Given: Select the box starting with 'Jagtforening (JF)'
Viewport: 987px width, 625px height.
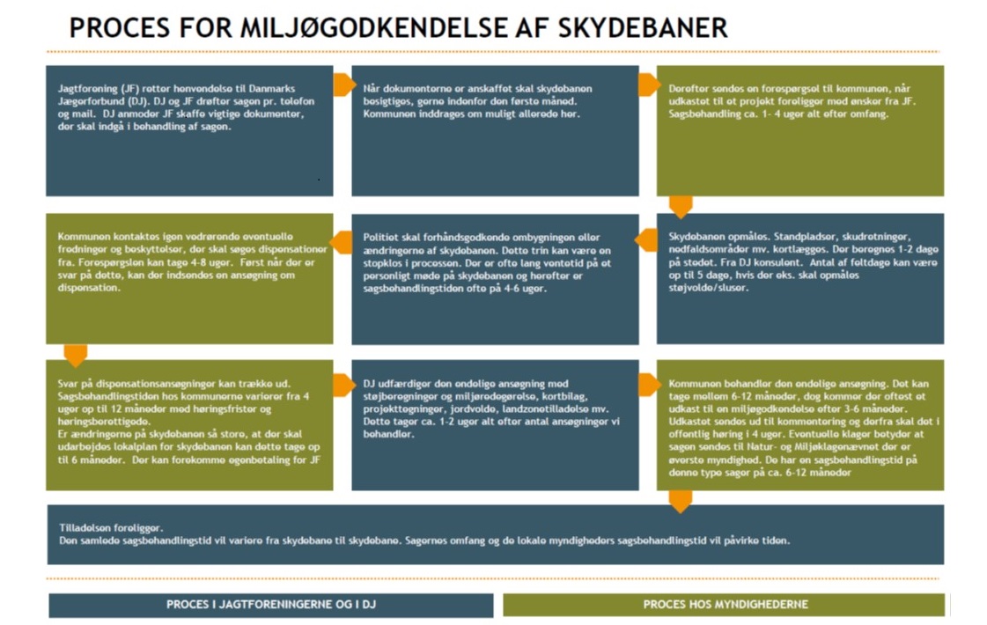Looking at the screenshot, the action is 189,130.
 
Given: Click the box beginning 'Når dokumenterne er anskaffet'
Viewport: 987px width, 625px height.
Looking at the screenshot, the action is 495,130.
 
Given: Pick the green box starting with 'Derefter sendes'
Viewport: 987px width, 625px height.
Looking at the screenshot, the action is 799,130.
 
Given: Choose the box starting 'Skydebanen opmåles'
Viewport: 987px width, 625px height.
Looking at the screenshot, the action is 799,278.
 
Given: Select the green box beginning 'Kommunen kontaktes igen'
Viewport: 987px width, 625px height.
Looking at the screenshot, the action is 189,278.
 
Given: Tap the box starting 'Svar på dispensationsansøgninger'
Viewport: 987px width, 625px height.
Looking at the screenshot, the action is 189,425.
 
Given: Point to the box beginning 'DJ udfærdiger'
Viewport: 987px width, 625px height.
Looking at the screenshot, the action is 495,425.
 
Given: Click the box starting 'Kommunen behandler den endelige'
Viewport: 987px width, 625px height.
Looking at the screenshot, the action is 799,425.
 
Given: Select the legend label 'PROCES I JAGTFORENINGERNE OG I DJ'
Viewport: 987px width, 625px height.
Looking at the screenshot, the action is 270,605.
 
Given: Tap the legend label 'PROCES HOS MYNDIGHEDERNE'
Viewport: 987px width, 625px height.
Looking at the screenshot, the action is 725,605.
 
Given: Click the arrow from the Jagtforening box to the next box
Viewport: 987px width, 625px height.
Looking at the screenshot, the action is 343,85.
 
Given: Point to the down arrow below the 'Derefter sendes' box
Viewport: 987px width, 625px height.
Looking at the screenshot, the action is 681,207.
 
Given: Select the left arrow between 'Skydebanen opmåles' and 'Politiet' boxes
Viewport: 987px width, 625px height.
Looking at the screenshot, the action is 646,240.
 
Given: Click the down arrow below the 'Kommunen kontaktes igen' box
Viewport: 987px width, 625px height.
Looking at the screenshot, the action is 76,355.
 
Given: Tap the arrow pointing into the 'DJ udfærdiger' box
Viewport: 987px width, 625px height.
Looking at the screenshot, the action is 343,385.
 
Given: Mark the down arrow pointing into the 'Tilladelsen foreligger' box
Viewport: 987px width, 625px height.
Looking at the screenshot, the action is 681,500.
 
